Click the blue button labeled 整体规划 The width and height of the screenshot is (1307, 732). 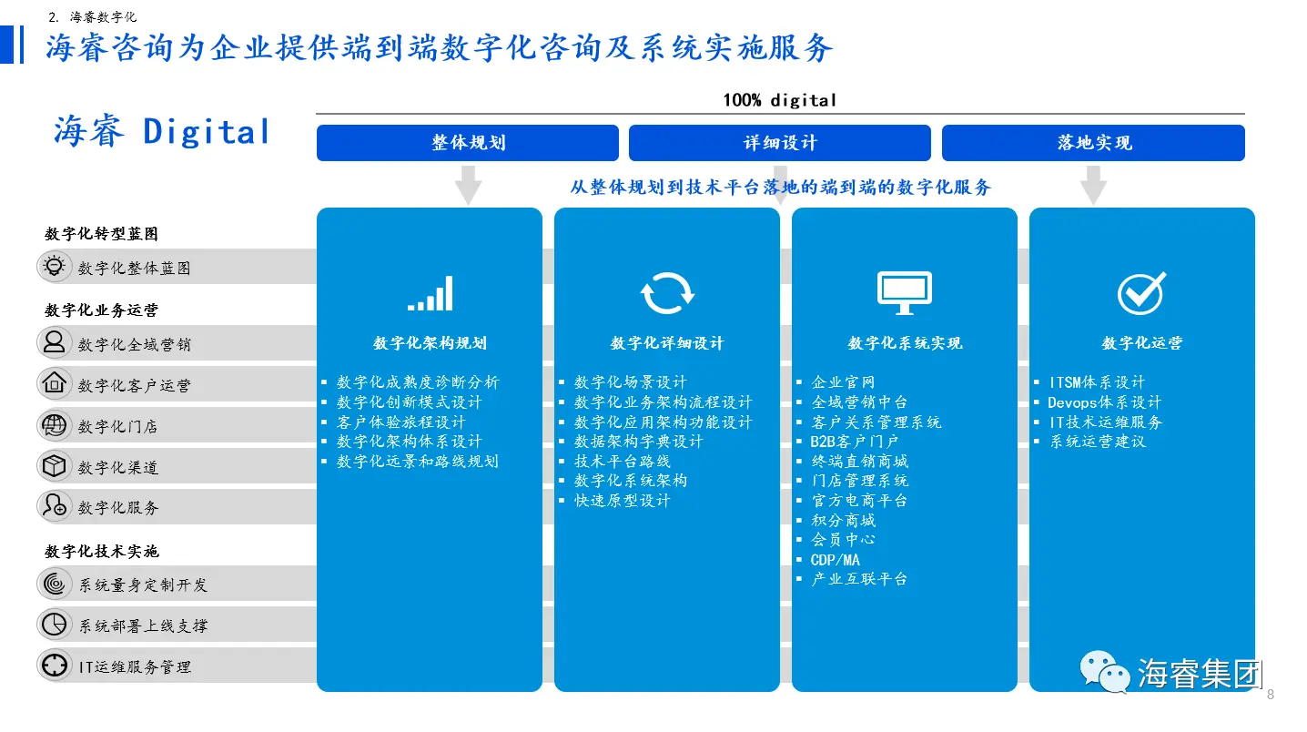coord(467,142)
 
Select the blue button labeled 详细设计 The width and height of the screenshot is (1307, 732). coord(779,142)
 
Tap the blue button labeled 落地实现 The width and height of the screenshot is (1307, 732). coord(1093,142)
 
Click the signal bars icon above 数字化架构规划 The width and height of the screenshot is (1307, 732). coord(430,293)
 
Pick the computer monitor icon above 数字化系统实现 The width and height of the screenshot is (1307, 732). coord(905,293)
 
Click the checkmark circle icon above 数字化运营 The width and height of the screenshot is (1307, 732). coord(1142,293)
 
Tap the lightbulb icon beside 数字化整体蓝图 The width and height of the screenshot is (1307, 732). coord(55,266)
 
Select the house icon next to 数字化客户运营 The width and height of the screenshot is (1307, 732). coord(55,383)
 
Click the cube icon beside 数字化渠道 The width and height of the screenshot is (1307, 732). coord(55,466)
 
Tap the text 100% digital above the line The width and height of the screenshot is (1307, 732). coord(779,100)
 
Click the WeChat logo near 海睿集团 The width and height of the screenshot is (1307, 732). coord(1104,672)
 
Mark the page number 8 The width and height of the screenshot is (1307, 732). coord(1271,695)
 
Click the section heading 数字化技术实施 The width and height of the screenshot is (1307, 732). coord(102,551)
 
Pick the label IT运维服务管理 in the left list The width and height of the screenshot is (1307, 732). coord(135,666)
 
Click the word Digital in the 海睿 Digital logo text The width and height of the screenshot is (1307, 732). coord(207,131)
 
